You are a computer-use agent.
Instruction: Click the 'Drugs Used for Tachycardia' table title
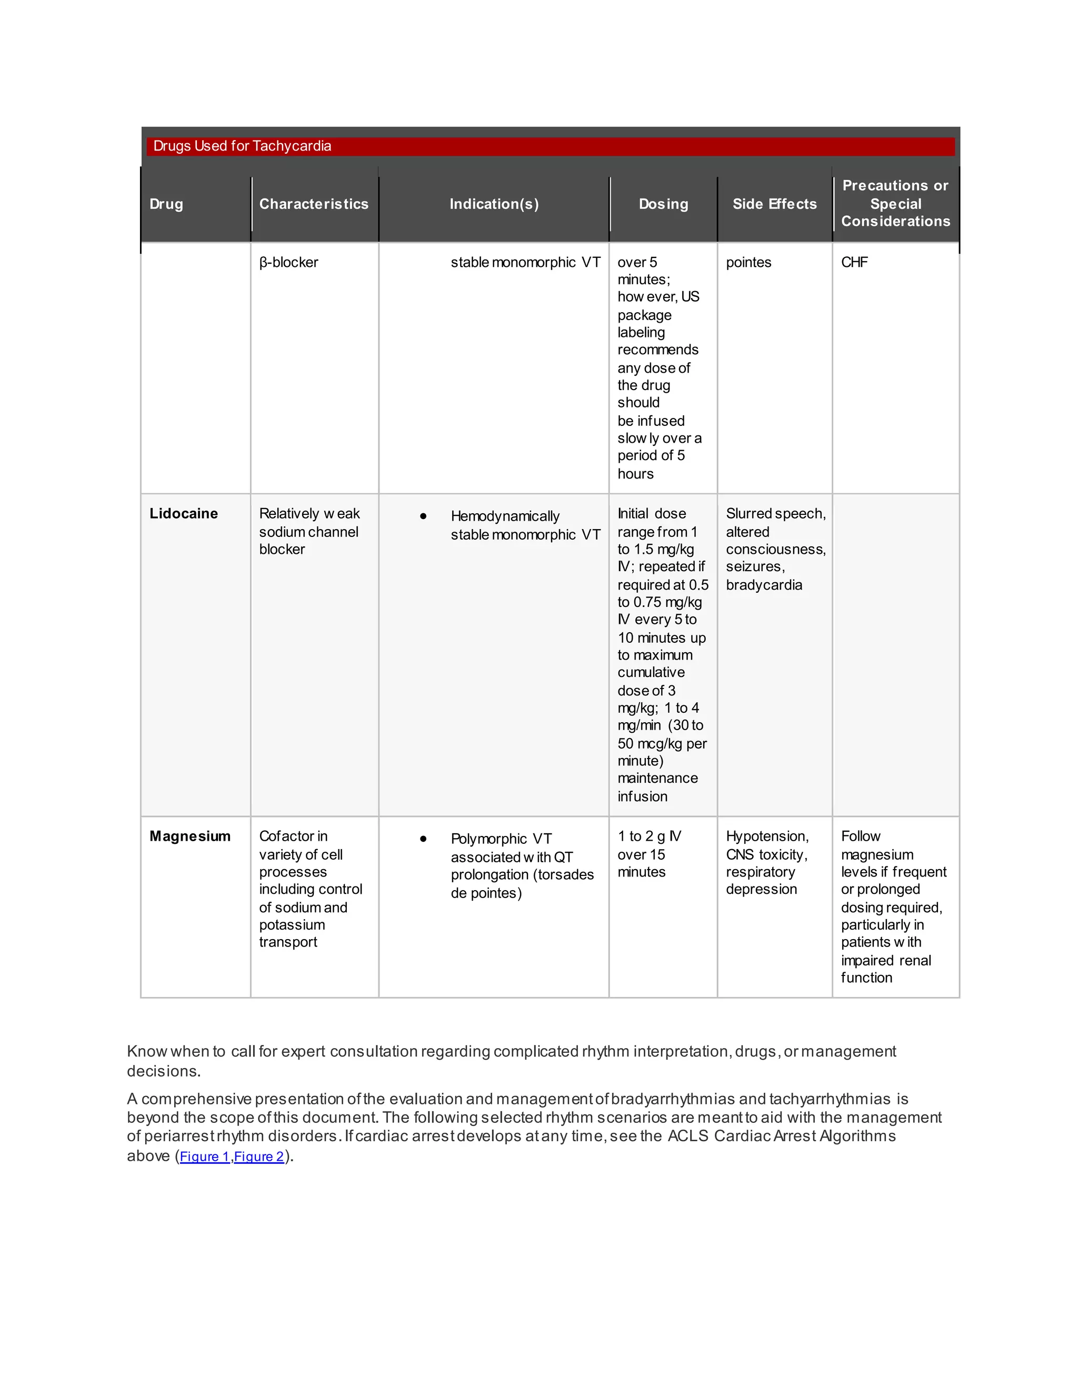point(242,146)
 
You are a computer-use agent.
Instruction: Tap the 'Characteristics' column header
point(314,204)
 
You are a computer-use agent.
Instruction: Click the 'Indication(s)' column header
point(494,204)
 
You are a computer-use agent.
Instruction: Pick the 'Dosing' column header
point(664,204)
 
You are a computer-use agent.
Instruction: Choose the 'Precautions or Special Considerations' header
point(895,203)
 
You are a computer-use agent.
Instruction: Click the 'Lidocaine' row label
point(183,514)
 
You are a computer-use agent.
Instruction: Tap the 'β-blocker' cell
point(288,263)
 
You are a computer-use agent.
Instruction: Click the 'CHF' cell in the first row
point(854,263)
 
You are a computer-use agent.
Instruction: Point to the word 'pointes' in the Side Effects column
point(748,263)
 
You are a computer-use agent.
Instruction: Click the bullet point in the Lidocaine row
point(423,516)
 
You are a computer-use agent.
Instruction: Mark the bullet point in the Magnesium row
point(423,839)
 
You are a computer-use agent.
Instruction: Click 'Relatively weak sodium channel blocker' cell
point(309,532)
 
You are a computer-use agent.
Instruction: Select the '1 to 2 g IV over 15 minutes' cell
point(650,854)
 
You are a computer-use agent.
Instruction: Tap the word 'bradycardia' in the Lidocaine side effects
point(764,585)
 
